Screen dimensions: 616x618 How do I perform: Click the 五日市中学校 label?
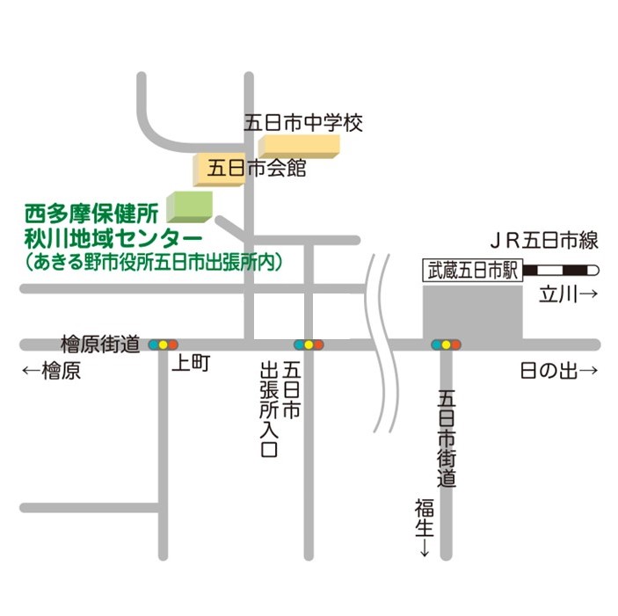[x=303, y=123]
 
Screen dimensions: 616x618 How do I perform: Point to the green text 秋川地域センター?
[x=113, y=237]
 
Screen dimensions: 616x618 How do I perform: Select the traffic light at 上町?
[x=164, y=344]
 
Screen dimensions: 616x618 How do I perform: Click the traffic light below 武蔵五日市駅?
[x=446, y=344]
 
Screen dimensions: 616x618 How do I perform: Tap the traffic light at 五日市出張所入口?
[x=309, y=344]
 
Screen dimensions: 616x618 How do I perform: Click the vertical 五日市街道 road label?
[x=447, y=439]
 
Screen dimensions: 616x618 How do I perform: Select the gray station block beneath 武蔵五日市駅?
[x=472, y=310]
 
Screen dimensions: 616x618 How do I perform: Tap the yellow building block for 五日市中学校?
[x=299, y=145]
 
